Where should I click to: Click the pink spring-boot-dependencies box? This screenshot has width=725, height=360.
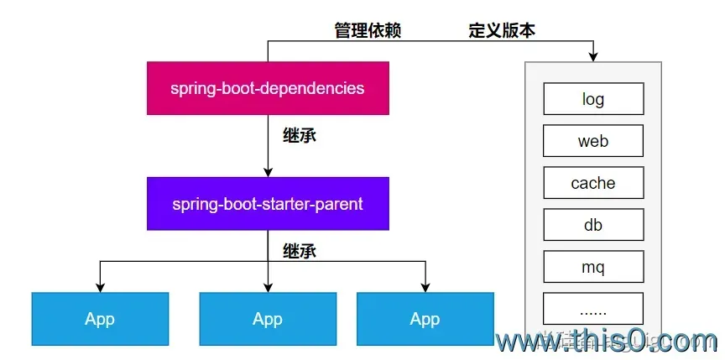click(268, 88)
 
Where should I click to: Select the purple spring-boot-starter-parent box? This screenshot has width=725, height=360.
click(268, 204)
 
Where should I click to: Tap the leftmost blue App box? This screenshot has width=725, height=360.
click(100, 319)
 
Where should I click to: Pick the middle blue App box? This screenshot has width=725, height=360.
click(268, 319)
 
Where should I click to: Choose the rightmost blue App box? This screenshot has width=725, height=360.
click(425, 319)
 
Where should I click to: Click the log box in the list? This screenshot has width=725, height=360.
click(593, 99)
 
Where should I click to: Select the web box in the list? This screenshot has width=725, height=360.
click(593, 141)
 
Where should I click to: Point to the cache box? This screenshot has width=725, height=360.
click(593, 183)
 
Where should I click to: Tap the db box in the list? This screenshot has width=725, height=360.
click(593, 225)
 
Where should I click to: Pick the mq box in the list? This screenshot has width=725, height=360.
click(593, 268)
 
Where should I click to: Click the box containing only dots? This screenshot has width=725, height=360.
click(593, 310)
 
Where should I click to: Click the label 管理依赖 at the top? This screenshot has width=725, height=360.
click(368, 31)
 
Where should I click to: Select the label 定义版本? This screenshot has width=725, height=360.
click(502, 31)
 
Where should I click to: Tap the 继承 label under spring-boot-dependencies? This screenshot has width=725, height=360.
click(300, 135)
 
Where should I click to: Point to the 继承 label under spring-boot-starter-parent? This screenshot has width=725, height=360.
click(300, 250)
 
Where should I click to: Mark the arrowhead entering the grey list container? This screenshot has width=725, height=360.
click(593, 56)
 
